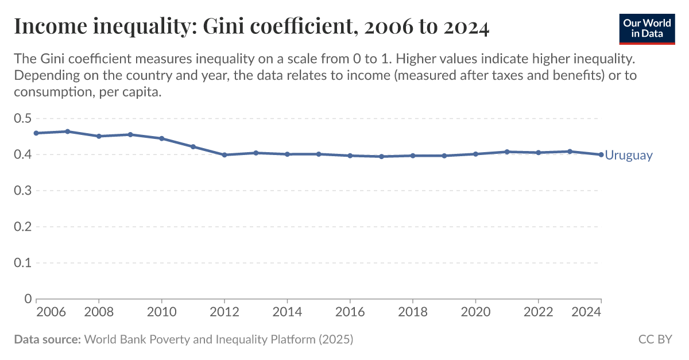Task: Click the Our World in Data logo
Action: pos(647,27)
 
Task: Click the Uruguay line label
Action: pos(629,155)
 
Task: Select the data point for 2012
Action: pos(224,155)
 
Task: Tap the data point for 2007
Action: pos(68,131)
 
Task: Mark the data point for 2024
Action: pos(601,154)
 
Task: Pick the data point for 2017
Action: pos(381,156)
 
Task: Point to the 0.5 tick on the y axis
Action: pos(23,119)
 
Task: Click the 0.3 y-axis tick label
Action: pos(23,191)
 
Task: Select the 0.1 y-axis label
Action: pos(23,263)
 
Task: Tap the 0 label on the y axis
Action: pos(28,299)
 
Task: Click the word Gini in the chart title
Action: pos(223,27)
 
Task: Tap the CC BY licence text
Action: pos(655,339)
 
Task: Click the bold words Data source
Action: pos(47,339)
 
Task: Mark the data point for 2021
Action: pos(507,152)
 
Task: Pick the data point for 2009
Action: pos(130,134)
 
